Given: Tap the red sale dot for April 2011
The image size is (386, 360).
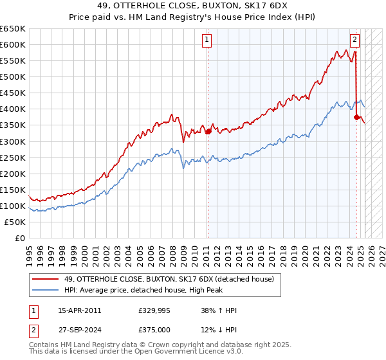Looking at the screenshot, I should click(x=208, y=131).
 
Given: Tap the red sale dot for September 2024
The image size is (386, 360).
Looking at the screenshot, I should click(x=357, y=117).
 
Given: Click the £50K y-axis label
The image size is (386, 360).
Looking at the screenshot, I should click(x=16, y=222).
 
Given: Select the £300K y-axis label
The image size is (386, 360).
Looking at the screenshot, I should click(x=14, y=141).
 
